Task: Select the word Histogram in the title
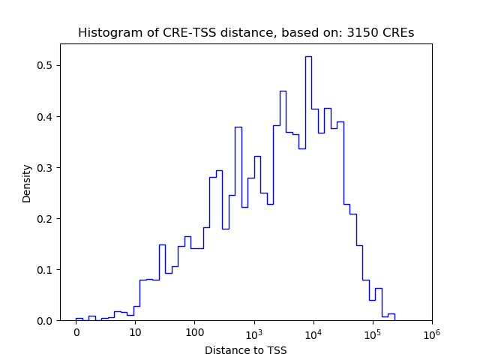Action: [x=106, y=33]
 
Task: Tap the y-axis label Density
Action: [x=27, y=183]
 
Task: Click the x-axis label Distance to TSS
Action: [x=246, y=350]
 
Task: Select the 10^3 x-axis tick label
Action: [x=253, y=332]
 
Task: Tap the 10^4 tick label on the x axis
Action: [x=313, y=332]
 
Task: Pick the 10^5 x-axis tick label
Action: [x=372, y=332]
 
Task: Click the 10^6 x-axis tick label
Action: [x=431, y=332]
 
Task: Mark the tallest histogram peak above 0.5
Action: [x=308, y=57]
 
